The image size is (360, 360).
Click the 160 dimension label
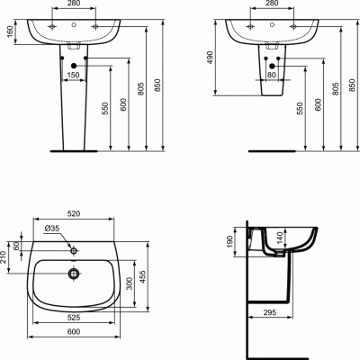click(x=10, y=32)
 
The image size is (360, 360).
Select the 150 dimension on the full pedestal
click(x=73, y=75)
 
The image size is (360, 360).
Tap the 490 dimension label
click(x=210, y=58)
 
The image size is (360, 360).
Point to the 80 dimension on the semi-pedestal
click(x=272, y=75)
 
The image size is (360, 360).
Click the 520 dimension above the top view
click(x=74, y=213)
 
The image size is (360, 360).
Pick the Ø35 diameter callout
click(x=52, y=229)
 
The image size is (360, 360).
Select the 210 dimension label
click(x=4, y=257)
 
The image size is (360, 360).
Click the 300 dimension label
click(x=130, y=283)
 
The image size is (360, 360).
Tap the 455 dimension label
click(x=142, y=276)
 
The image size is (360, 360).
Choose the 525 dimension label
click(x=74, y=317)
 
